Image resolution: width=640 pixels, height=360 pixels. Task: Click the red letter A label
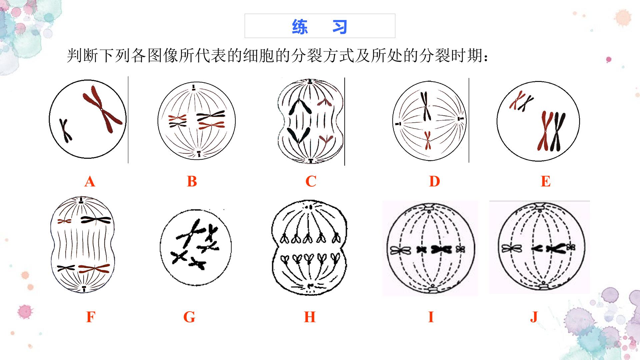click(x=90, y=182)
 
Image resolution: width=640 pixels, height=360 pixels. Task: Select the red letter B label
click(x=192, y=182)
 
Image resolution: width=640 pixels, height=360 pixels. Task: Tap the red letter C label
click(x=311, y=182)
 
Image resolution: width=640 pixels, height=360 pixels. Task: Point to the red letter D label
click(x=435, y=182)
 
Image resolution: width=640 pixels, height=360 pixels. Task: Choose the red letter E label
click(x=546, y=182)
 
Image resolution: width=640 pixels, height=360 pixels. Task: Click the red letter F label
click(x=91, y=317)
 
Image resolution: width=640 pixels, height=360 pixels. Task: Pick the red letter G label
click(x=189, y=317)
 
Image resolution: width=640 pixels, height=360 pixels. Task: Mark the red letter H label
click(x=310, y=317)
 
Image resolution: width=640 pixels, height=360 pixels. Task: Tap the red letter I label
click(x=431, y=317)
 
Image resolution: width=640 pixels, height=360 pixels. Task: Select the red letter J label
click(x=534, y=317)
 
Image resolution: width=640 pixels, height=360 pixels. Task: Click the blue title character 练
click(x=300, y=26)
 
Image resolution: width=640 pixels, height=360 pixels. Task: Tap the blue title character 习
click(x=340, y=26)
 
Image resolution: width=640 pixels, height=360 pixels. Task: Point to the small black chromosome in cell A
click(x=66, y=130)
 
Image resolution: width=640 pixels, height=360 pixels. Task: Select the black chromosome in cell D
click(x=425, y=106)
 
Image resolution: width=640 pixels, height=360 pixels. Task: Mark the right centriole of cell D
click(x=461, y=119)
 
